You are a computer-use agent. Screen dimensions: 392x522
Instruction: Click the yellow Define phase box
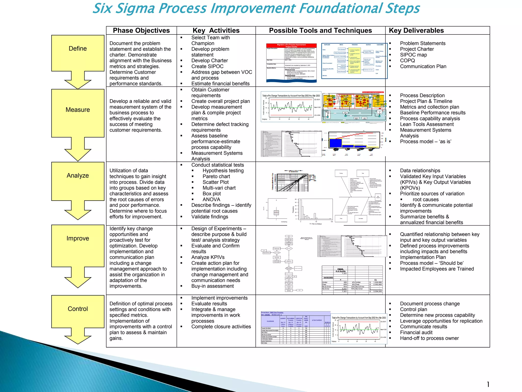click(x=78, y=53)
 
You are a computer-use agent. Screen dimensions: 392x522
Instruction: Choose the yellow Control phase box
click(x=78, y=311)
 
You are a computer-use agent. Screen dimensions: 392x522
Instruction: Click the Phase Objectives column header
click(x=141, y=31)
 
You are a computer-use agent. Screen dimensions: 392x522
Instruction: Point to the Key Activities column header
click(x=216, y=31)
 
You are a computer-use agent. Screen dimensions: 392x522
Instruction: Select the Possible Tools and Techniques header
click(x=320, y=31)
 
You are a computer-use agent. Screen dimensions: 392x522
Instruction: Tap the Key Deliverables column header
click(x=416, y=31)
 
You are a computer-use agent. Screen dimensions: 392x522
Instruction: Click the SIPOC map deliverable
click(x=413, y=55)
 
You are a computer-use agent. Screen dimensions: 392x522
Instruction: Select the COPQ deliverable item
click(x=407, y=60)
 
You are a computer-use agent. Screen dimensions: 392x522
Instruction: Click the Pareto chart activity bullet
click(x=216, y=176)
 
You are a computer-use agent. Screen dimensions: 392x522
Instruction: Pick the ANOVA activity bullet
click(x=211, y=199)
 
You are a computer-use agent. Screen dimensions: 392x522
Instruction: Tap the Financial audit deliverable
click(x=416, y=332)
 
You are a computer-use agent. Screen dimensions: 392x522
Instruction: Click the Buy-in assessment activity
click(x=213, y=286)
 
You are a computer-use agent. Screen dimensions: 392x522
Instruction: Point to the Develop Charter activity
click(x=210, y=60)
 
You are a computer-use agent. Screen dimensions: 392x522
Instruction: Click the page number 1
click(x=488, y=384)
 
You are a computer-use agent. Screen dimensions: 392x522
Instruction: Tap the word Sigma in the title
click(x=135, y=8)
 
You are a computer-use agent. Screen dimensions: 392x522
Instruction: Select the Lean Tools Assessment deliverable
click(x=427, y=124)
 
